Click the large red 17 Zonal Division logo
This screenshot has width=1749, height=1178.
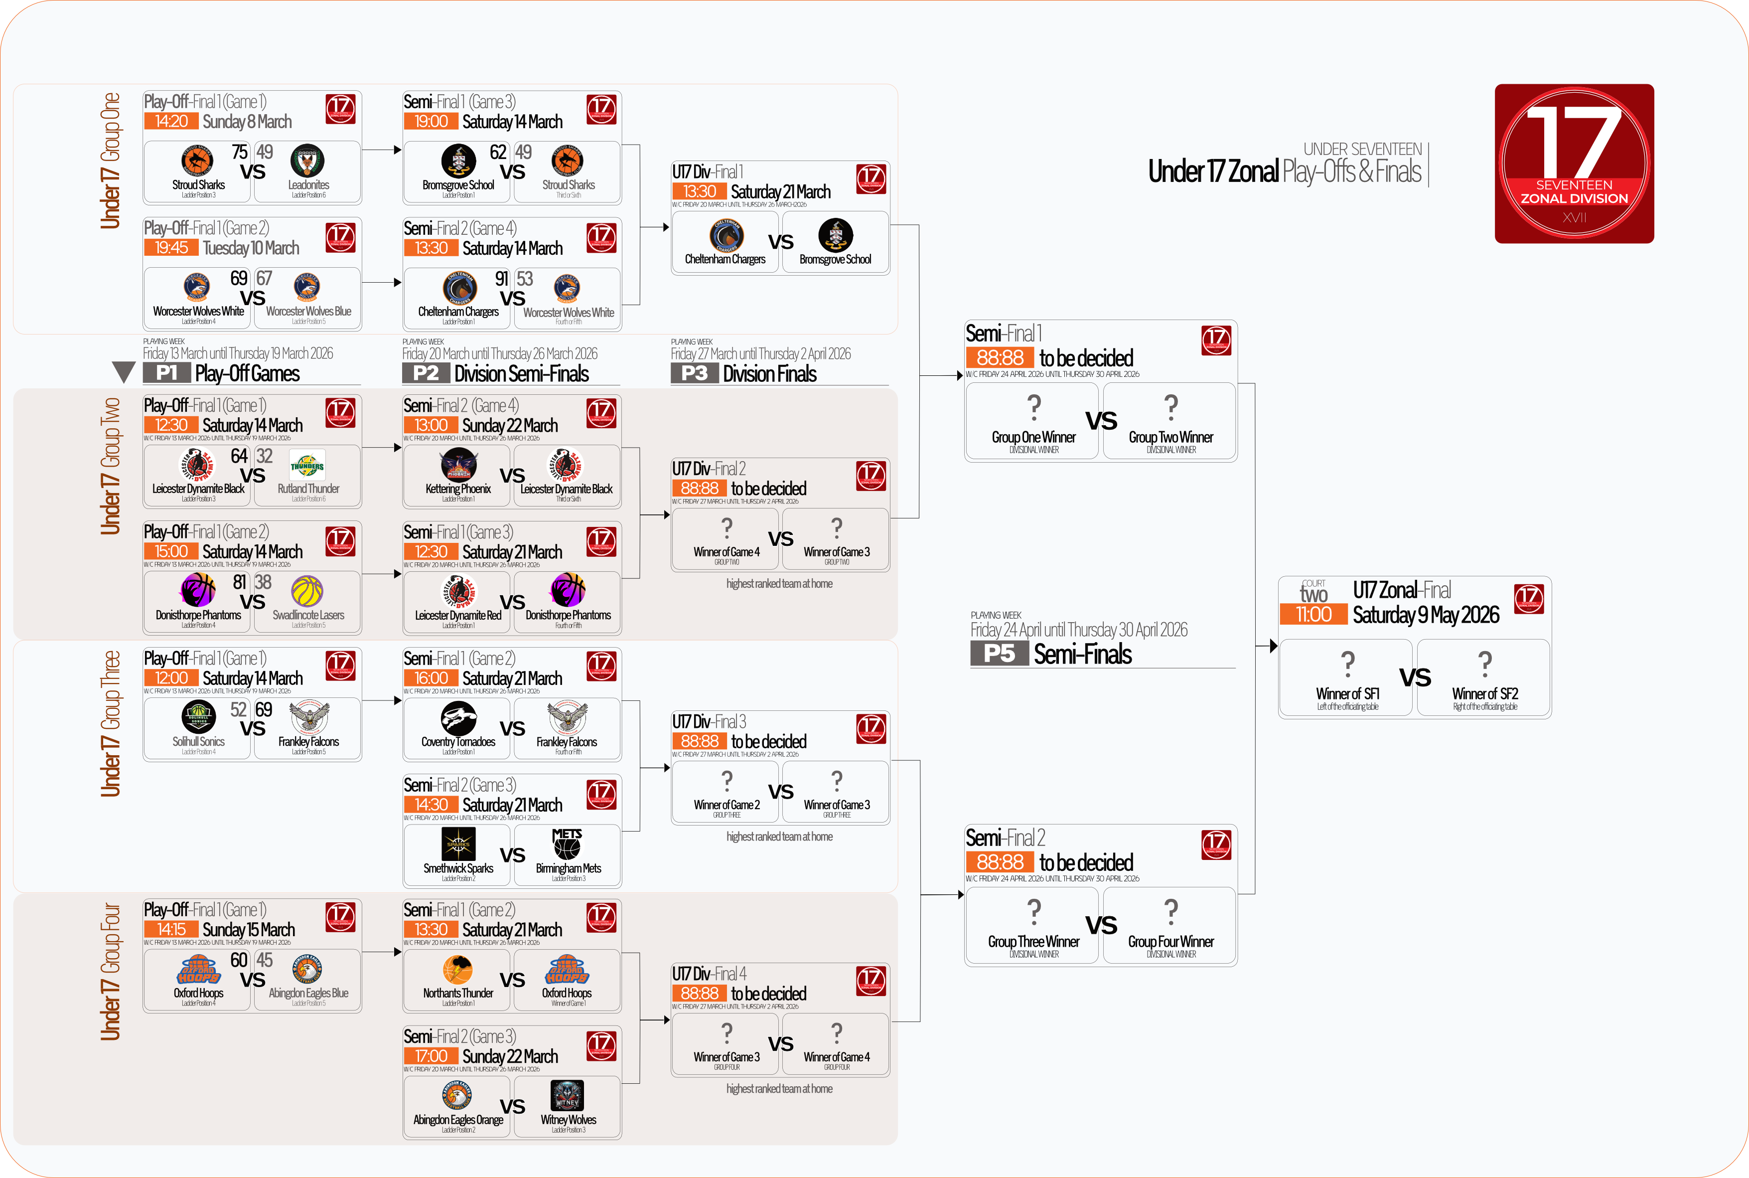tap(1574, 164)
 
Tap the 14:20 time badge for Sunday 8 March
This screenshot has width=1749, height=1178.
tap(171, 122)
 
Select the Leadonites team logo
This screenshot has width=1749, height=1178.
tap(308, 161)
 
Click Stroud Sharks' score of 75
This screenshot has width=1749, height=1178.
tap(240, 152)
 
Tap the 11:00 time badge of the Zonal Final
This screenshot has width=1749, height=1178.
tap(1313, 615)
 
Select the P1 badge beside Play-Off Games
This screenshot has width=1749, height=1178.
tap(167, 373)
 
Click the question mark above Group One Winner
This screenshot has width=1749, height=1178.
tap(1034, 407)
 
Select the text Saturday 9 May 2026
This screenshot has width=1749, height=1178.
tap(1425, 615)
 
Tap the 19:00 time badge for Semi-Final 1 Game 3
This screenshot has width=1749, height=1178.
tap(431, 122)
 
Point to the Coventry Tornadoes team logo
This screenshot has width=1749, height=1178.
tap(458, 717)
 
